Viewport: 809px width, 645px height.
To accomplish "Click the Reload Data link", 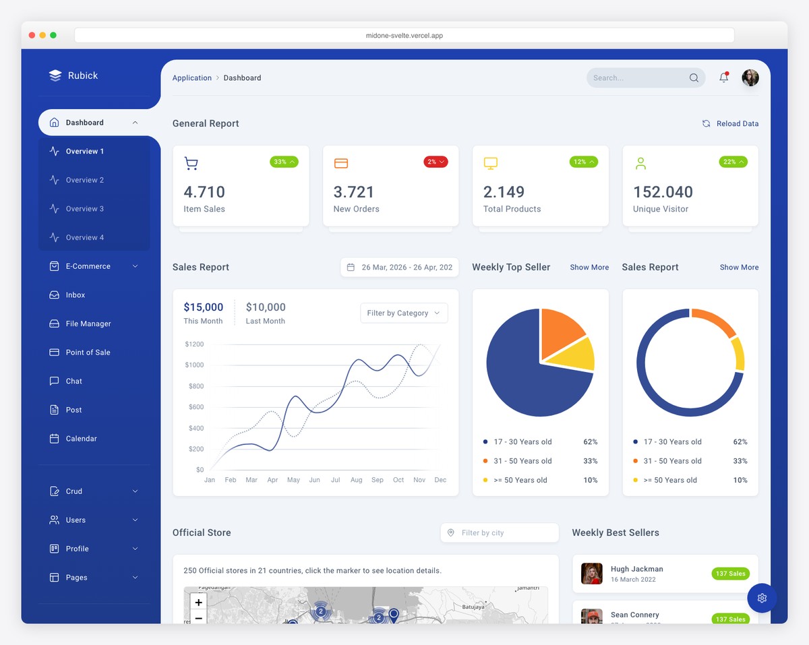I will click(x=731, y=123).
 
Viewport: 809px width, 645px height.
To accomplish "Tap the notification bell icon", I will click(x=723, y=78).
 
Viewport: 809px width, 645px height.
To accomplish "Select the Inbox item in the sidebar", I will click(x=76, y=295).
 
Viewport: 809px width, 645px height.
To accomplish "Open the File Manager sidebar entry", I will click(x=88, y=324).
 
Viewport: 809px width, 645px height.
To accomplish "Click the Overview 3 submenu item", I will click(x=85, y=209).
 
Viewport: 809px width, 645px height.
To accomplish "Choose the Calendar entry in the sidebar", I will click(x=82, y=439).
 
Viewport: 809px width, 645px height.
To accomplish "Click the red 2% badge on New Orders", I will click(x=436, y=162).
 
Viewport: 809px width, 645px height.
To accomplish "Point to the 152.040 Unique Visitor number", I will click(x=663, y=192).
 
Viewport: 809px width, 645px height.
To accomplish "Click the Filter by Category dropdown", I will click(x=404, y=313).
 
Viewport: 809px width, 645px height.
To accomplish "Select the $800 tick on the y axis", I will click(x=196, y=386).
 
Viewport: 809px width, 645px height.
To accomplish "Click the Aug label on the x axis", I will click(x=357, y=480).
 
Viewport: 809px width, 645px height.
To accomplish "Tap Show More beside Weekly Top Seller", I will click(x=589, y=268).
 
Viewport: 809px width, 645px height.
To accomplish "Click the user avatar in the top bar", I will click(x=750, y=78).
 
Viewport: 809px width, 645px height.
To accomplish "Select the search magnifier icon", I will click(x=694, y=78).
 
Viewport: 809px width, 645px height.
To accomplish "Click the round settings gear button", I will click(x=762, y=598).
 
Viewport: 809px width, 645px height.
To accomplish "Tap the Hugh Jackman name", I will click(x=636, y=569).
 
